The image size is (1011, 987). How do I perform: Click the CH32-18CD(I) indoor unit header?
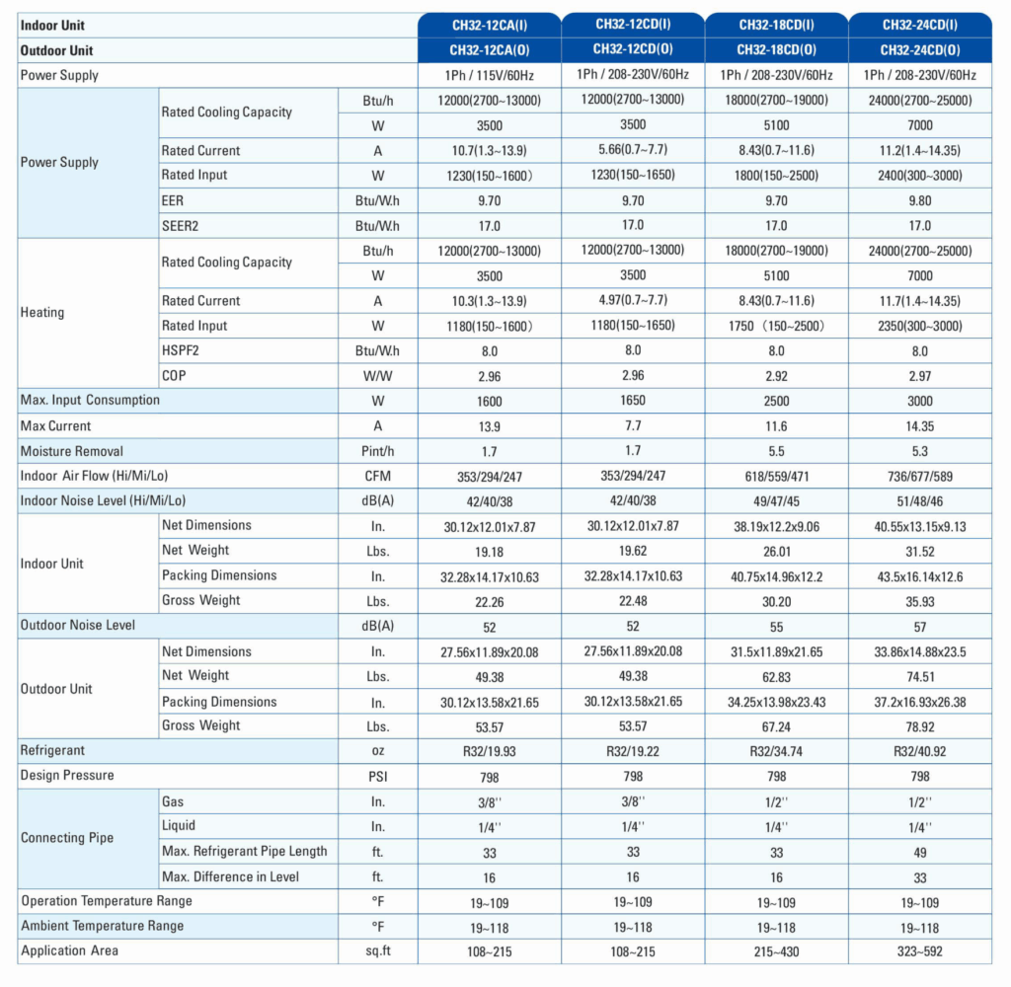point(776,25)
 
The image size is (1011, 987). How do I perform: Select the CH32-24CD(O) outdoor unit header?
point(919,50)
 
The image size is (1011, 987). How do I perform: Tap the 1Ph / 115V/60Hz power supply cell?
point(490,75)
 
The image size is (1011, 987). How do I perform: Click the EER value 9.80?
point(919,200)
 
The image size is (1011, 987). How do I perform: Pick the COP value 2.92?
point(776,376)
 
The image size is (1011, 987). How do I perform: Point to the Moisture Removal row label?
point(71,451)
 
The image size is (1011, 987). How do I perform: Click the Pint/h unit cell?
point(378,451)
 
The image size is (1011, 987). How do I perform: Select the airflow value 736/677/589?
point(919,477)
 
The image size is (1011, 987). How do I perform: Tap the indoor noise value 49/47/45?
point(776,501)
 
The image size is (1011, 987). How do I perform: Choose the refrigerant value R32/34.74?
point(776,751)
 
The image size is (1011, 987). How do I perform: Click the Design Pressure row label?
point(67,776)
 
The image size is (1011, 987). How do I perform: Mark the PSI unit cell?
point(378,776)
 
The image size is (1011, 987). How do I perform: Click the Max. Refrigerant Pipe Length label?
point(245,851)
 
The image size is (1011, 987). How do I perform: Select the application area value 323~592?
point(919,951)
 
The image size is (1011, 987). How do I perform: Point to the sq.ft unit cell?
point(378,950)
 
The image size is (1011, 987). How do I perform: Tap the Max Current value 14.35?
point(919,426)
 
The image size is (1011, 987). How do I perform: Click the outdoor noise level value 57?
point(919,627)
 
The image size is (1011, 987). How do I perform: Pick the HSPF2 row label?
point(181,350)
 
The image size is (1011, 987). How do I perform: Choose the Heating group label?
point(42,313)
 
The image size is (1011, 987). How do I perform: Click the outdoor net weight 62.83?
point(776,677)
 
